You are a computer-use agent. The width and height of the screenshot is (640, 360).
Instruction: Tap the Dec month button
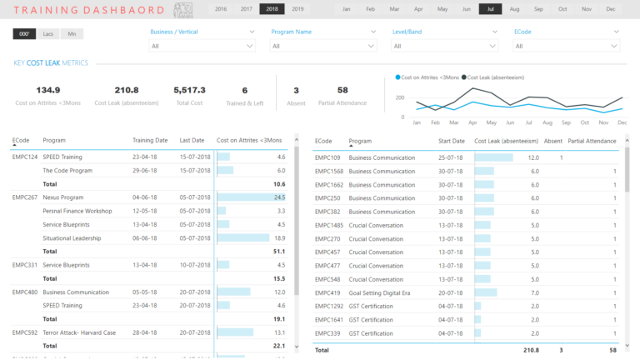[611, 9]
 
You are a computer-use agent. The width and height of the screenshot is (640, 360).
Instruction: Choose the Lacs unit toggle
[48, 33]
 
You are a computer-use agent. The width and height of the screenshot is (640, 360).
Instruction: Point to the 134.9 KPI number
[48, 90]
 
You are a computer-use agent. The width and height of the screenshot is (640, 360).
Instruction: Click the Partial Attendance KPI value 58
[342, 90]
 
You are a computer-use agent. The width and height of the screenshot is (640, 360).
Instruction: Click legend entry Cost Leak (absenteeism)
[497, 77]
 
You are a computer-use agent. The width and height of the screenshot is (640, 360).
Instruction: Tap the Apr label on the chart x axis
[472, 122]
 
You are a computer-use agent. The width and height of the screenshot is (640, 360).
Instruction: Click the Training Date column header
[150, 140]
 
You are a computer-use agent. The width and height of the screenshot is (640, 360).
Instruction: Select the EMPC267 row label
[25, 197]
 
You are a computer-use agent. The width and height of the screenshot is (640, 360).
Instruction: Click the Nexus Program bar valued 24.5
[250, 197]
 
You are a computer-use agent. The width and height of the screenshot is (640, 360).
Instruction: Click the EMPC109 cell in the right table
[327, 157]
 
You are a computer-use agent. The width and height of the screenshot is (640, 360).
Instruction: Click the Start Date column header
[452, 141]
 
